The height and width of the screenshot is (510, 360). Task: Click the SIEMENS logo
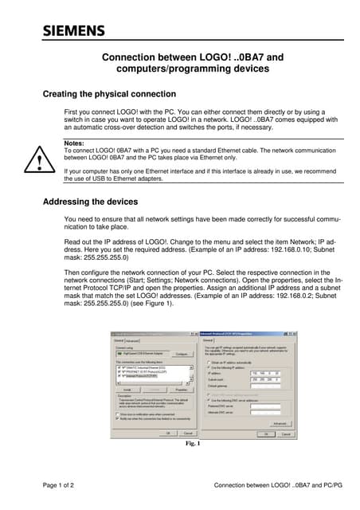(73, 31)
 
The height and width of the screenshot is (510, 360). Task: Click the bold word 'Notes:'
(74, 143)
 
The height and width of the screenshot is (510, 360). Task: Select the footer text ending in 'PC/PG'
(267, 484)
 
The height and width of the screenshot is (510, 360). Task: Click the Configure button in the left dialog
(181, 354)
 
